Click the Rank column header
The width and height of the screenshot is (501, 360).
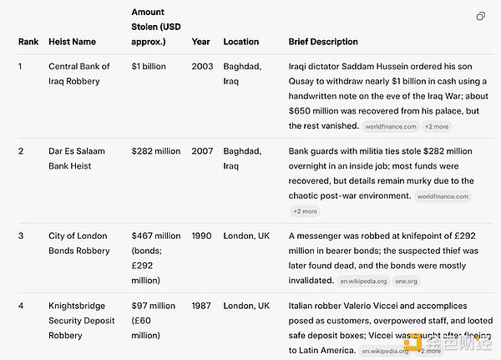(28, 42)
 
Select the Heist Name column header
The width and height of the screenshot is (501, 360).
(72, 42)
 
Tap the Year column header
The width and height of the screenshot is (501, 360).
(201, 42)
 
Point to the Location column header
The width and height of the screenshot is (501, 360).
(240, 42)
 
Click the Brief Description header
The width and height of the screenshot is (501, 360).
(323, 42)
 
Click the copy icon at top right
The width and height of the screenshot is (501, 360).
(481, 16)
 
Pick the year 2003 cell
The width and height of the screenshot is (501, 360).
(203, 65)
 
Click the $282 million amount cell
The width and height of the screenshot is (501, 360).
(156, 151)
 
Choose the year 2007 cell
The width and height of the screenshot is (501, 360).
(203, 151)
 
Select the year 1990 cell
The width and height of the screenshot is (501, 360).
(203, 236)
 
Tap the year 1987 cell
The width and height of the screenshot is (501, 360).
(203, 306)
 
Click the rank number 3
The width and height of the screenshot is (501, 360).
(21, 236)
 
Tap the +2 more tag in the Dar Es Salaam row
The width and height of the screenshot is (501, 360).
(305, 211)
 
